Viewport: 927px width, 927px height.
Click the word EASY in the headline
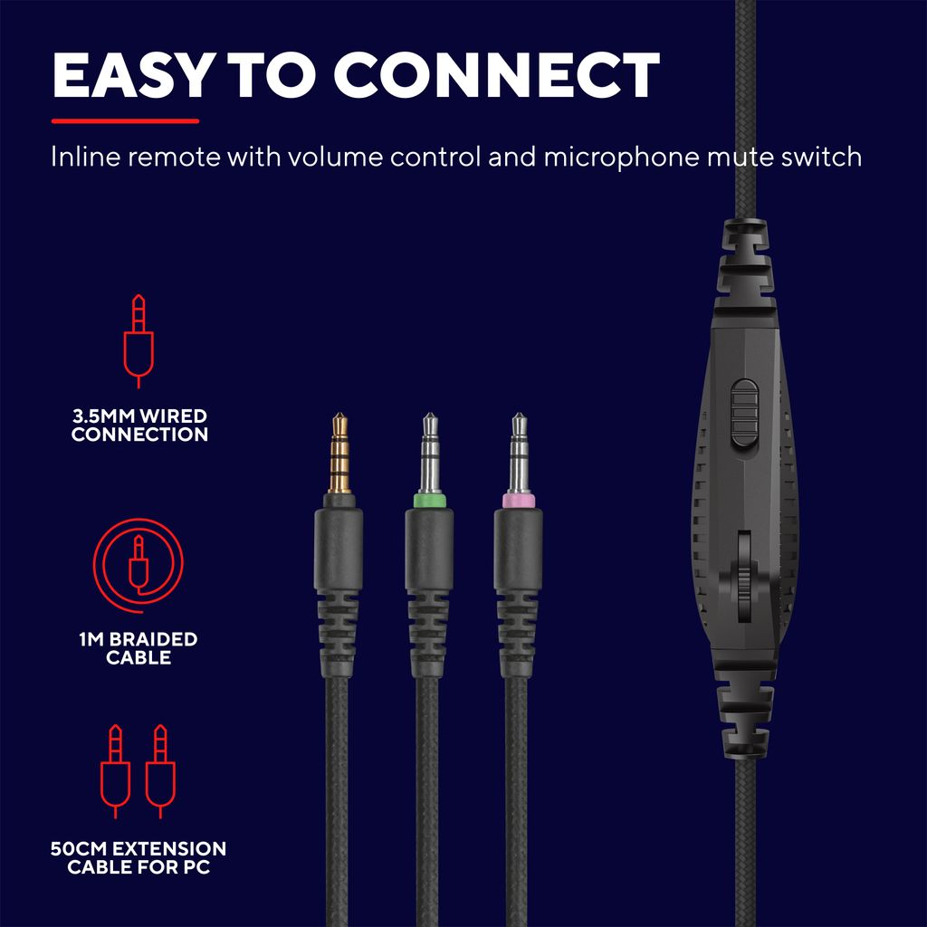point(130,75)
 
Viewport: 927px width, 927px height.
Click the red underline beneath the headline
point(125,121)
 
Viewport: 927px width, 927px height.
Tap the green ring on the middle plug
point(429,502)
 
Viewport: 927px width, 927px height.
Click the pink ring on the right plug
point(519,502)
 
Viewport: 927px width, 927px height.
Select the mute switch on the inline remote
point(744,413)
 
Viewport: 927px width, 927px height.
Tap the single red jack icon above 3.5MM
point(139,341)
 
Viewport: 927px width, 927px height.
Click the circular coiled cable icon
point(139,565)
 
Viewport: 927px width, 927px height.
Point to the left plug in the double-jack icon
point(115,771)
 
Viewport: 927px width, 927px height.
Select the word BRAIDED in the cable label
point(153,639)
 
